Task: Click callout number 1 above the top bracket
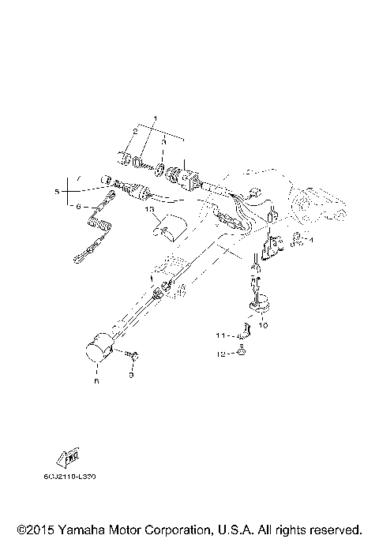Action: [x=155, y=118]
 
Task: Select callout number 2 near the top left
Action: [x=136, y=133]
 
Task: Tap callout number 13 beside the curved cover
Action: [x=148, y=211]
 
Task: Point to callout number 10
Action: [x=263, y=324]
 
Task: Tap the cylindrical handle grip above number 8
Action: [x=98, y=350]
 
